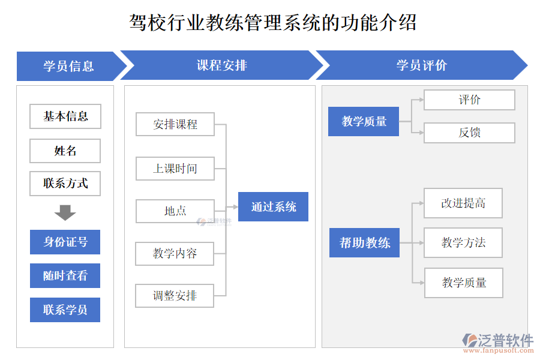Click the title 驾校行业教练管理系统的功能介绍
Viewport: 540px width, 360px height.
[273, 23]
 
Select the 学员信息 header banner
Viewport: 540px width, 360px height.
[67, 66]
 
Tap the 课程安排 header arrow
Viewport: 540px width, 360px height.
[222, 66]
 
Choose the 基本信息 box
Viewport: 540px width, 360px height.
[65, 116]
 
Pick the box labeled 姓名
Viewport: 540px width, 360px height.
[65, 151]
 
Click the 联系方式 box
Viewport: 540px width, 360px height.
[65, 184]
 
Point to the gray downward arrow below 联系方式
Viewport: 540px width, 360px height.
[65, 213]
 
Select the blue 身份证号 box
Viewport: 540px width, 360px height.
[65, 242]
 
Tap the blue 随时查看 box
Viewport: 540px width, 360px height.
[65, 276]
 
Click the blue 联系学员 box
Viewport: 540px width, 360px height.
[65, 310]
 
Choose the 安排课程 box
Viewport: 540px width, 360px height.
[175, 125]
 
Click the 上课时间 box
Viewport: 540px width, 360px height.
[175, 169]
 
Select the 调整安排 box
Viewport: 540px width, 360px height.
[175, 296]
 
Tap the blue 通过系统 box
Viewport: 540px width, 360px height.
[273, 207]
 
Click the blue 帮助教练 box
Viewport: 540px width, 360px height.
[364, 243]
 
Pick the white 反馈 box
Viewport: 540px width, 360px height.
[469, 133]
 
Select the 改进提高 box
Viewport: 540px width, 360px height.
[463, 203]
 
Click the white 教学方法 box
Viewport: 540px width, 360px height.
[463, 243]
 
